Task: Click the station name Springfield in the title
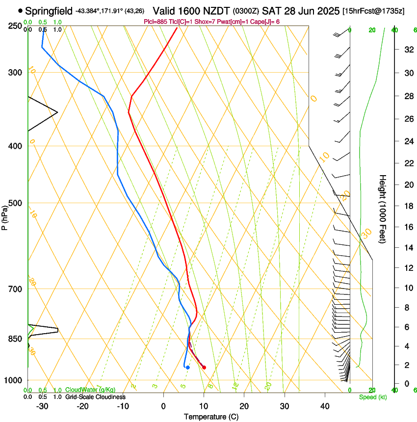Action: [49, 10]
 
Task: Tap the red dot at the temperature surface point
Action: [204, 368]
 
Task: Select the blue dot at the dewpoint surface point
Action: [188, 368]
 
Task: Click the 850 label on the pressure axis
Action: [15, 339]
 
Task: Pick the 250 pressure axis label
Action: [15, 26]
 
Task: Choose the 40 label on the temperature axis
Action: [325, 406]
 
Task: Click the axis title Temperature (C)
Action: [211, 417]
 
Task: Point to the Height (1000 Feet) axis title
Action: [383, 209]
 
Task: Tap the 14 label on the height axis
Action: [407, 248]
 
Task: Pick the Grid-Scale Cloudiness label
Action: [95, 397]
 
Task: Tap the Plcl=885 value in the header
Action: [155, 22]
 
